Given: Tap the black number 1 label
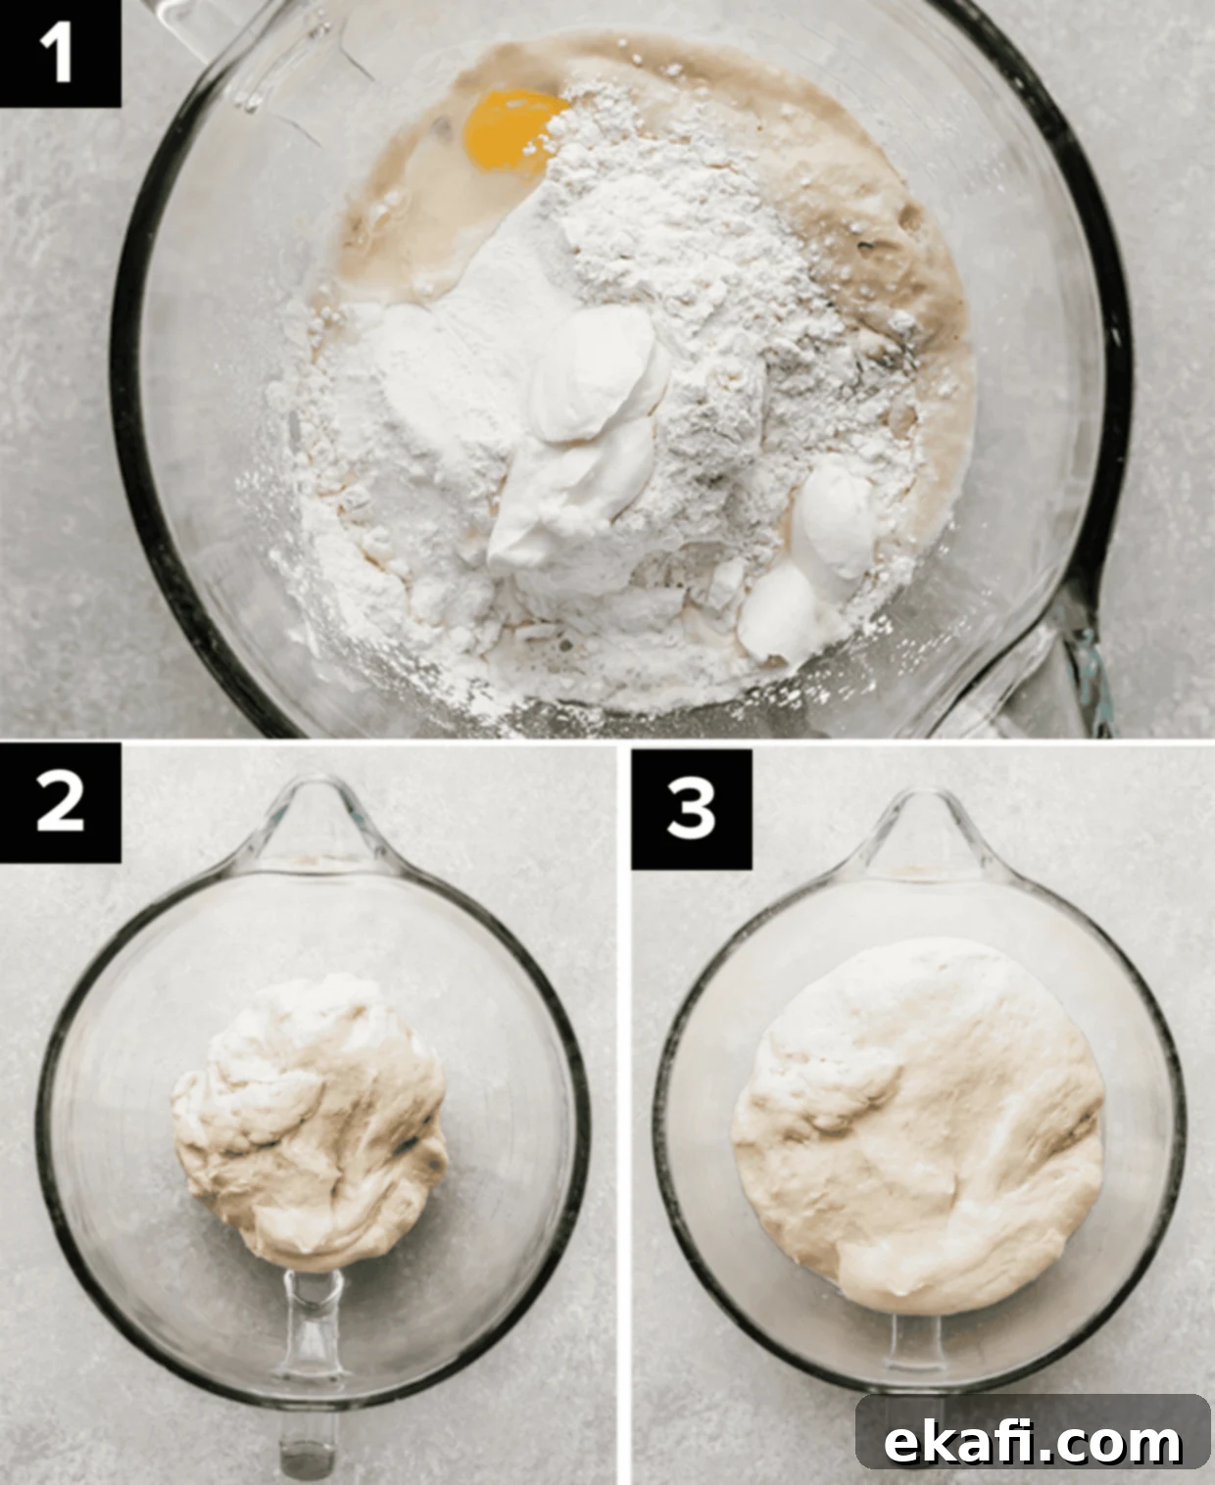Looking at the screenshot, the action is (x=60, y=53).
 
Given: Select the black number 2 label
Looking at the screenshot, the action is (x=60, y=802).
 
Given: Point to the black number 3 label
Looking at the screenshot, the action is (x=691, y=809).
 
